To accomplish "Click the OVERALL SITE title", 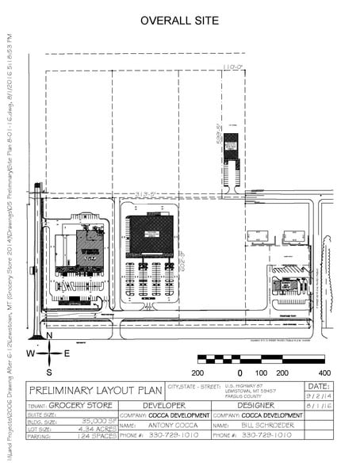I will click(x=179, y=21).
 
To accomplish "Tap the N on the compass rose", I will click(x=48, y=337).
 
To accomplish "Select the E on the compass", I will click(x=67, y=353).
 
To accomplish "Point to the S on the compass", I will click(x=48, y=371).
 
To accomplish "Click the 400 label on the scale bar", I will click(x=323, y=372).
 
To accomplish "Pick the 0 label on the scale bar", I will click(x=239, y=372).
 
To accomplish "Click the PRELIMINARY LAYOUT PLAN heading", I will click(x=95, y=390).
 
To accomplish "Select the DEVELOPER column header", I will click(x=165, y=405).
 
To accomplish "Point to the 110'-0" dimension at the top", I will click(x=232, y=67).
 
